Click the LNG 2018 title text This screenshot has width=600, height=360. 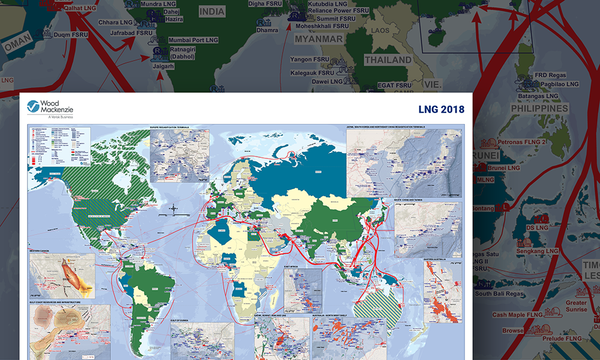(441, 109)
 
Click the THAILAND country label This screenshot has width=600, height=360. (388, 60)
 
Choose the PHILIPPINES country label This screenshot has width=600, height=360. (539, 109)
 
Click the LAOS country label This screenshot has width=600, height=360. (380, 30)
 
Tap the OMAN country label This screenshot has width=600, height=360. (17, 46)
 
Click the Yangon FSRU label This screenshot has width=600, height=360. (310, 60)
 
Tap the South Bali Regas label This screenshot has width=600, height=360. (500, 294)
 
